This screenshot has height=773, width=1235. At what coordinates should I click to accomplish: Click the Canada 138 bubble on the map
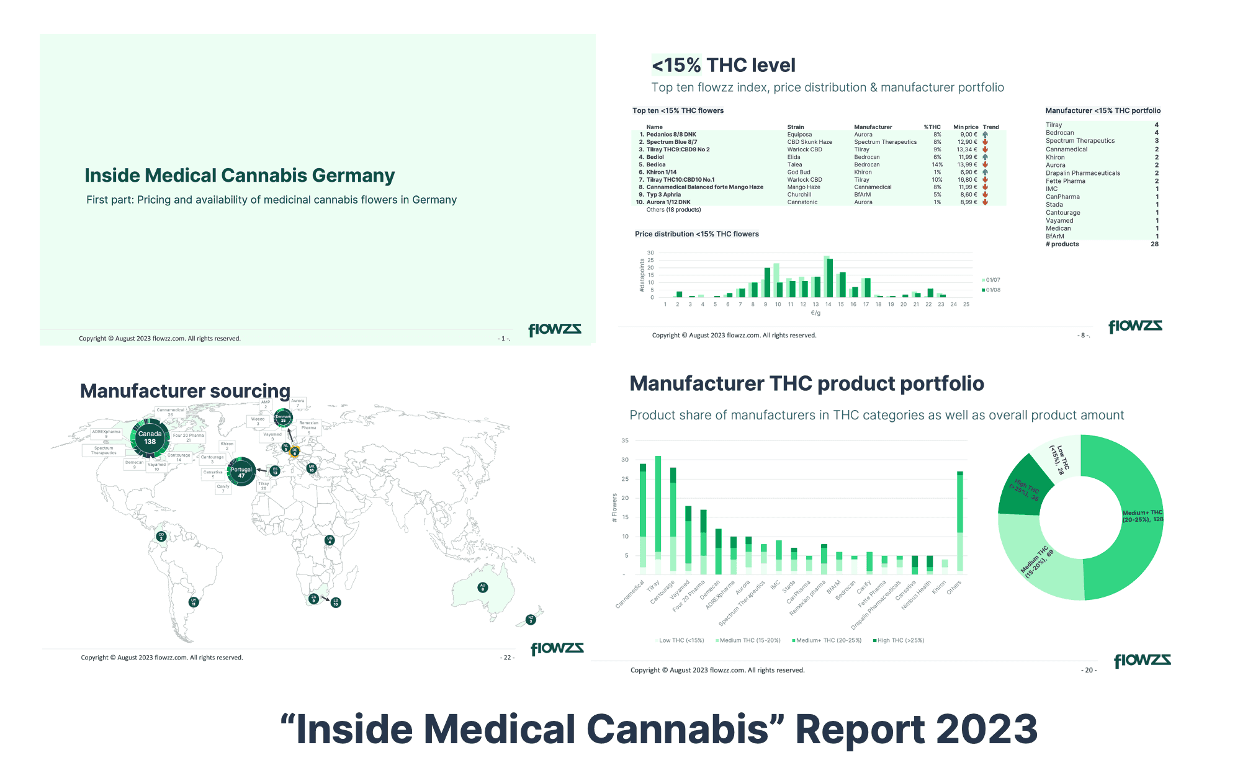click(x=150, y=438)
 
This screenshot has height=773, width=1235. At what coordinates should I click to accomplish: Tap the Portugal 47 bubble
click(x=241, y=472)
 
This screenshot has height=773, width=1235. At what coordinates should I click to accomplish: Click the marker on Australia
click(x=483, y=587)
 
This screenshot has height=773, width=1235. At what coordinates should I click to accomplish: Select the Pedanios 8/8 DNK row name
click(x=671, y=135)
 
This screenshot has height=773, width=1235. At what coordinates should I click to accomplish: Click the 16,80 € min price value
click(x=967, y=180)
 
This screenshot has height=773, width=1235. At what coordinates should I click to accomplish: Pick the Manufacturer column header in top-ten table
click(x=873, y=127)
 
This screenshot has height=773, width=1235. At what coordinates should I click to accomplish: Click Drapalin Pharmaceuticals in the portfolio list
click(x=1082, y=173)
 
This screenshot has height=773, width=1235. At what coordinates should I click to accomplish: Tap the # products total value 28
click(x=1154, y=244)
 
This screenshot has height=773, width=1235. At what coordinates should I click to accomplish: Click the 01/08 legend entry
click(x=992, y=290)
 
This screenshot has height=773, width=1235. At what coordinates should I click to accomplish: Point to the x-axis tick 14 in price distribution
click(x=828, y=305)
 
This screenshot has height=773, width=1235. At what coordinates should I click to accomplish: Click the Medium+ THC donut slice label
click(x=1143, y=516)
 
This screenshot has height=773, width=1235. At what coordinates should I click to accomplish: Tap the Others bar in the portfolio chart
click(x=960, y=521)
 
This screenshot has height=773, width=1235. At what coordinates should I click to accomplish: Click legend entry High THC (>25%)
click(x=899, y=640)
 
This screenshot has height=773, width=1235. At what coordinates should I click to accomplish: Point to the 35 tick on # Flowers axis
click(x=625, y=440)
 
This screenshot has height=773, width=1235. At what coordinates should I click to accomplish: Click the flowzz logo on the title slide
click(x=554, y=329)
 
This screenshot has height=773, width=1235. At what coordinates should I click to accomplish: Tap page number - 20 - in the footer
click(x=1089, y=670)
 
